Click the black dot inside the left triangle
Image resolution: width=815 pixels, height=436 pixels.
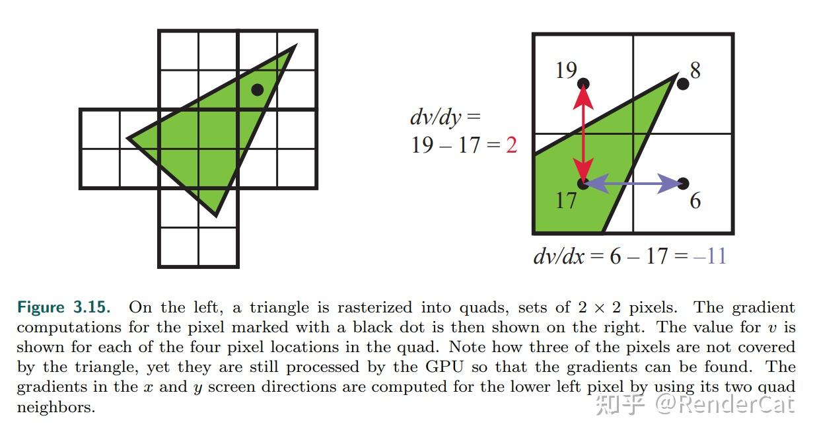(258, 89)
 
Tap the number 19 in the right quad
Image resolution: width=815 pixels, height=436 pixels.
(566, 70)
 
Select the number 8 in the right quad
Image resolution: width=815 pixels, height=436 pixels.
(694, 69)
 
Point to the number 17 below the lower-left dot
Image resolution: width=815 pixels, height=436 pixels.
(566, 200)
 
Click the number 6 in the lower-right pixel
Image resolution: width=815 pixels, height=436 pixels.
(695, 200)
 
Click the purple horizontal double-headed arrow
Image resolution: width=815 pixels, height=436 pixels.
(633, 184)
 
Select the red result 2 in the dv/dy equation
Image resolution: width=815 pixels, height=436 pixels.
(511, 145)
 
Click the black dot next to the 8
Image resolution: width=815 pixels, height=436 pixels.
(683, 84)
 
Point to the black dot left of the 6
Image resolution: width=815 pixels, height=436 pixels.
(683, 183)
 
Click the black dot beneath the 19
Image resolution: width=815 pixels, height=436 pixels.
(583, 84)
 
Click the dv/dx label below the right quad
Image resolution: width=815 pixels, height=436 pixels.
(559, 256)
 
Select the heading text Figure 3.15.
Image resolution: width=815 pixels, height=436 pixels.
(64, 307)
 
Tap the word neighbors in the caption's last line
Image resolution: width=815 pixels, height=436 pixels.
(55, 407)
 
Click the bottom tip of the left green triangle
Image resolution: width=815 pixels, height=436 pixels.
(216, 215)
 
